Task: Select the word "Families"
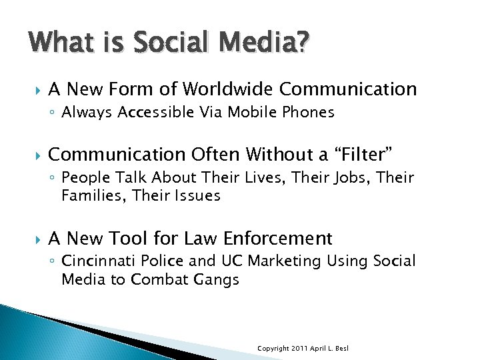pyautogui.click(x=88, y=195)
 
